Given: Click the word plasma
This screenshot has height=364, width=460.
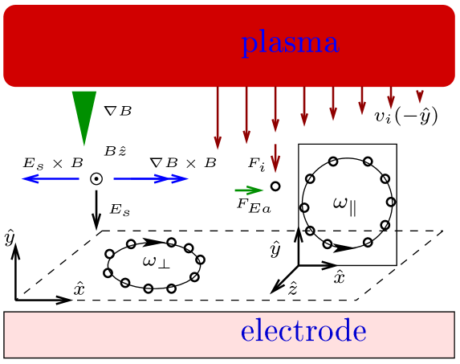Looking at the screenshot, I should click(x=290, y=43).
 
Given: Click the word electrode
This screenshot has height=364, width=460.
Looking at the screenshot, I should click(x=303, y=330).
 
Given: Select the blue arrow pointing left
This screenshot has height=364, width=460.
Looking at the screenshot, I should click(x=51, y=178).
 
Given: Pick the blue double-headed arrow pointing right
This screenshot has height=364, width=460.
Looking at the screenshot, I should click(x=151, y=178).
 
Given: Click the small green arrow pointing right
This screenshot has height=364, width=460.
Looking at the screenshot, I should click(x=249, y=190).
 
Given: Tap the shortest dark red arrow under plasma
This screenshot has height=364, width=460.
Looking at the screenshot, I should click(x=419, y=96).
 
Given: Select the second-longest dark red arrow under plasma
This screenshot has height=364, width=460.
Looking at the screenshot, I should click(x=246, y=116).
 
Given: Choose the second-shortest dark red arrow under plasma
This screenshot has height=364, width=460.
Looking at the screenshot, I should click(x=391, y=98).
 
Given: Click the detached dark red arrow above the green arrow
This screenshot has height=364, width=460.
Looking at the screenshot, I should click(x=275, y=158).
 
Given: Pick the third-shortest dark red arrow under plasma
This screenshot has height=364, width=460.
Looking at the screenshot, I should click(x=362, y=101).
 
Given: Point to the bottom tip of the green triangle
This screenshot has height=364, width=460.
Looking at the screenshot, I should click(x=84, y=145).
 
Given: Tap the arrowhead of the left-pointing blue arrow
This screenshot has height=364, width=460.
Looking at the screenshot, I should click(x=27, y=178).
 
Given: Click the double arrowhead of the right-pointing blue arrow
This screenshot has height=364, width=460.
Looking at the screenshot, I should click(x=178, y=178).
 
